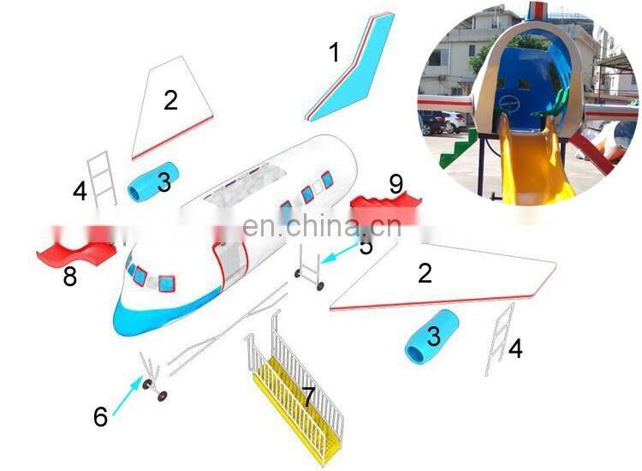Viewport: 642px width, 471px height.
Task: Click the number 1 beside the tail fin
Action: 335,53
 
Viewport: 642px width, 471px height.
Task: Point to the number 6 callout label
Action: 101,417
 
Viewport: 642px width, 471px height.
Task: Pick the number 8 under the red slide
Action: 69,277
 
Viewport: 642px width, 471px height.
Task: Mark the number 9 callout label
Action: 395,184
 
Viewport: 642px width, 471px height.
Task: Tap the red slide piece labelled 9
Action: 381,206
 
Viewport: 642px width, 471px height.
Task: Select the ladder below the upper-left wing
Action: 103,178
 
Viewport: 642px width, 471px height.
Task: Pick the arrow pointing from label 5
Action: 341,254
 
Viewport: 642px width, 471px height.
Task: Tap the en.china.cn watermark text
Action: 321,227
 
